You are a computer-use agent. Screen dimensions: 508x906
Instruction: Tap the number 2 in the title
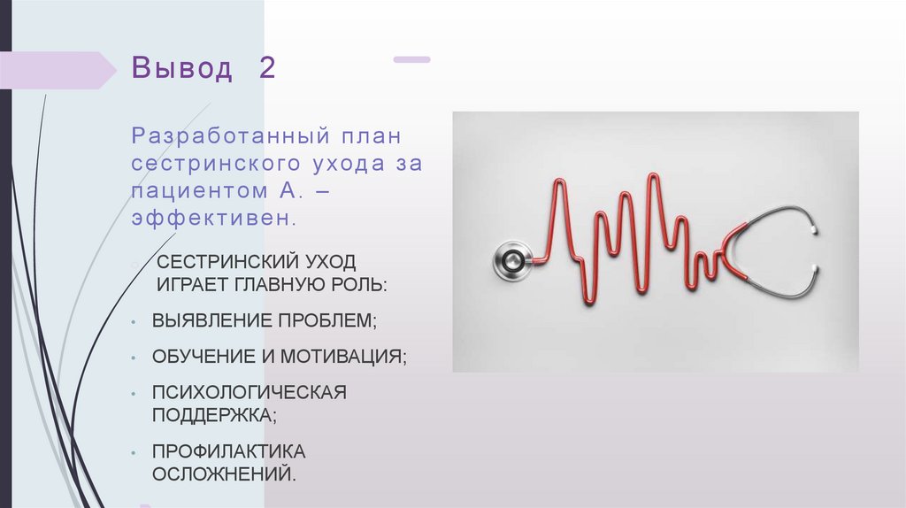tap(266, 69)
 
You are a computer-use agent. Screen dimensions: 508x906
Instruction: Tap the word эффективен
tap(211, 217)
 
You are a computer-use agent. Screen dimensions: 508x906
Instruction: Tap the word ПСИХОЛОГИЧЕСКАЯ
tap(249, 392)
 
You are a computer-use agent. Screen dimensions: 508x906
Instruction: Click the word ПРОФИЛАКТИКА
tap(228, 452)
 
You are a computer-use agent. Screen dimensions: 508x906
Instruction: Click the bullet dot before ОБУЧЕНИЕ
tap(131, 358)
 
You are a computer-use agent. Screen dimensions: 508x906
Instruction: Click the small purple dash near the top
tap(411, 60)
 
